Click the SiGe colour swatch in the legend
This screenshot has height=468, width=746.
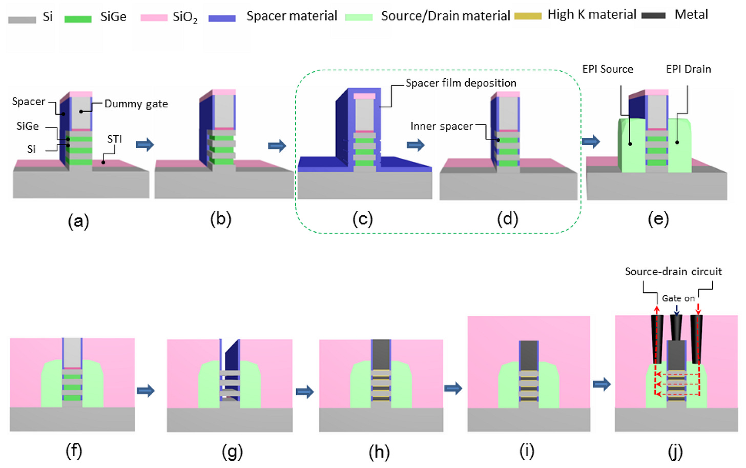[78, 19]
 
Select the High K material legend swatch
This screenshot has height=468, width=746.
[528, 16]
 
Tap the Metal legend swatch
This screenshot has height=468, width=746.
[653, 15]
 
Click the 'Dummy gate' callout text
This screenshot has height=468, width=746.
[136, 104]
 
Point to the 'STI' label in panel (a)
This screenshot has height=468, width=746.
[114, 139]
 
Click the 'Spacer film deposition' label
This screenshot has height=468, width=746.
[461, 83]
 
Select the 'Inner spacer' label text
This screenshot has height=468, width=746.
[441, 126]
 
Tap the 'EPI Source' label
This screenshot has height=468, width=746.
[607, 69]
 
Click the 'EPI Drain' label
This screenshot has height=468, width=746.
[688, 69]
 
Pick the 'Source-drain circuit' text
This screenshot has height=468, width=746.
[673, 272]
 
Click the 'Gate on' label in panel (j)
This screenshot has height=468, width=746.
[678, 298]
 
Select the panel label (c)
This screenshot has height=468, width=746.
[362, 219]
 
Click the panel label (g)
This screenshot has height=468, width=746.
[232, 452]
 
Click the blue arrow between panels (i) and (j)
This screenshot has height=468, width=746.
[602, 384]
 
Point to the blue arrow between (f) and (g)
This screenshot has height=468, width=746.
[146, 391]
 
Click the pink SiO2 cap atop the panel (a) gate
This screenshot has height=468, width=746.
[80, 94]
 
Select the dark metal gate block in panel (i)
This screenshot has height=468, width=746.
[528, 355]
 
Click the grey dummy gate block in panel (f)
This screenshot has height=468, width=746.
[72, 352]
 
